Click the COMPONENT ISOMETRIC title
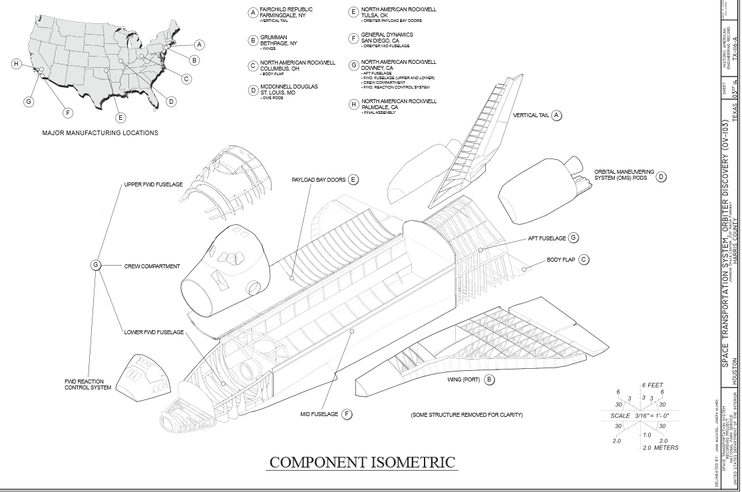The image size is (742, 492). coord(362,462)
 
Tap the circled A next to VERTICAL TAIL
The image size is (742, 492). coord(557,115)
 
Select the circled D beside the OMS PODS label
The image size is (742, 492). coord(661,177)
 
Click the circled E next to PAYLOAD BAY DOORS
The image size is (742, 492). coord(353,180)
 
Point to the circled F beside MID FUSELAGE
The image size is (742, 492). coord(347,414)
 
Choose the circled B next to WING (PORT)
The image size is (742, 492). coord(489,380)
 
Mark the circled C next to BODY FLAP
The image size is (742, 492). coord(584,260)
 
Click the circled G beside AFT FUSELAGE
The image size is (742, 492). coord(573,238)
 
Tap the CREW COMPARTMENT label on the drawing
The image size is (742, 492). coord(152,266)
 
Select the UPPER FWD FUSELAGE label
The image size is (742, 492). coord(153,184)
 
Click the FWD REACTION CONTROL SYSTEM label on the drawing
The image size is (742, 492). coord(88,384)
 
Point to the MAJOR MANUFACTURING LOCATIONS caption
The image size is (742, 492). coord(100,133)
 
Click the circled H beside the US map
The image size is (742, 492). coord(17,64)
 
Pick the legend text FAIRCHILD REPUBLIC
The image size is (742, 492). coord(286,9)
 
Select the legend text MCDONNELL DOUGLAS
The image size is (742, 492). coord(289,87)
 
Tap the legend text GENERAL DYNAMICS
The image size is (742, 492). coord(387,35)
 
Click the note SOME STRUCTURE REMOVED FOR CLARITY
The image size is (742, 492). coord(466,415)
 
